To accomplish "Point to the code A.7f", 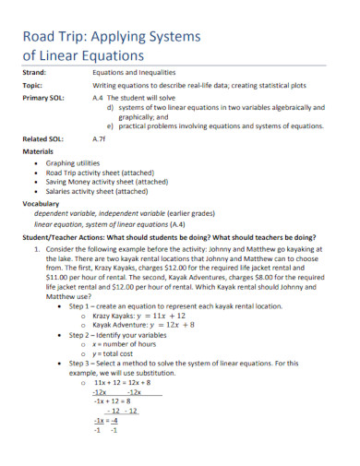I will [101, 139].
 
